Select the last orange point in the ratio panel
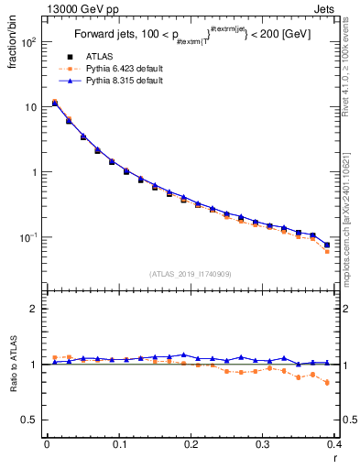pyautogui.click(x=327, y=383)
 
